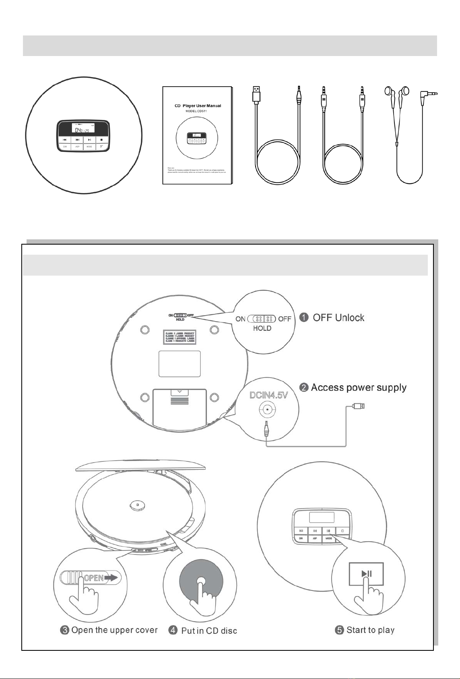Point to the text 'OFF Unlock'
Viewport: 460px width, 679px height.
tap(338, 318)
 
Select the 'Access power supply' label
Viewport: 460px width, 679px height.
tap(359, 388)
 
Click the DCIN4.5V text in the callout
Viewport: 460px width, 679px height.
tap(269, 395)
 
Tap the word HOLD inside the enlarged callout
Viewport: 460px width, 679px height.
tap(262, 328)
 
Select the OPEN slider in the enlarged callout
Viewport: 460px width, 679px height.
tap(90, 578)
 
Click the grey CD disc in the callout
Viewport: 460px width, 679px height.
tap(200, 581)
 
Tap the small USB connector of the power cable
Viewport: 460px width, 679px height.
tap(359, 406)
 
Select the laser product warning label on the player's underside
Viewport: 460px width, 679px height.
tap(179, 337)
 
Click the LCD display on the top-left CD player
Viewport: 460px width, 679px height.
tap(83, 129)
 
